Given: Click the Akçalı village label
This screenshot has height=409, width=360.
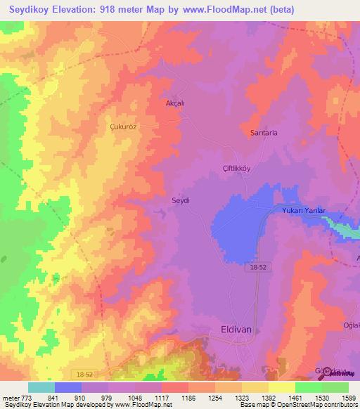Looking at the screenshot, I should click(x=174, y=101).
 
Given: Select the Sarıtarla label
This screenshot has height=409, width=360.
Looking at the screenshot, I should click(x=264, y=132).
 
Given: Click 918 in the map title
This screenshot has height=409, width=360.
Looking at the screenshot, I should click(x=121, y=10).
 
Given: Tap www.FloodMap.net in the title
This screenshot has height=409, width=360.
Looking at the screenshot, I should click(x=224, y=10).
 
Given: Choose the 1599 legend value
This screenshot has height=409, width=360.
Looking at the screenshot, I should click(x=339, y=398).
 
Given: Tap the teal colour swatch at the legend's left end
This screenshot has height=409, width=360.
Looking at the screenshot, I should click(x=41, y=387).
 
